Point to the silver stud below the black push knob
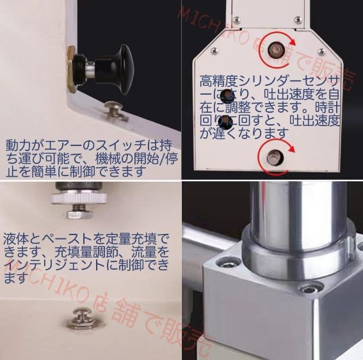point(115,110)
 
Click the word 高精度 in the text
point(218,81)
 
